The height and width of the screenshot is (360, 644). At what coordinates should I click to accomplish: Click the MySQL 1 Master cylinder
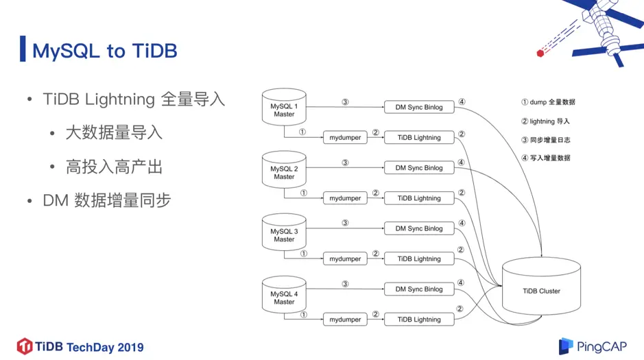click(x=284, y=107)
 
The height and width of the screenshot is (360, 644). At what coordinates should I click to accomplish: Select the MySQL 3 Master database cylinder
click(x=284, y=232)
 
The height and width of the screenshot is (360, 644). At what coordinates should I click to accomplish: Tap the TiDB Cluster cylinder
click(x=541, y=286)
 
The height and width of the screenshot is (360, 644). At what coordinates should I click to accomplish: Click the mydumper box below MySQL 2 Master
click(x=345, y=198)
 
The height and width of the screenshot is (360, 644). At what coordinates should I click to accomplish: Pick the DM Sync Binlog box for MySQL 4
click(x=419, y=289)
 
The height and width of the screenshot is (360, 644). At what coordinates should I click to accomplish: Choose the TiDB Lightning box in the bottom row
click(x=419, y=320)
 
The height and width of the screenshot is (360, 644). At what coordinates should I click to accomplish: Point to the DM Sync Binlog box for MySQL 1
click(x=419, y=107)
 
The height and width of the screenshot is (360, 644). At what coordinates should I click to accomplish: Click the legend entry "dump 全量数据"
click(x=548, y=102)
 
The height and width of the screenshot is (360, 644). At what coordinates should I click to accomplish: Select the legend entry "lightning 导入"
click(x=545, y=121)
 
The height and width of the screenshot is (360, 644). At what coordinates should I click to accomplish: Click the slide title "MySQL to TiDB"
click(x=105, y=51)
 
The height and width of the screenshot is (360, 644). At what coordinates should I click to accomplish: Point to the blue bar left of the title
click(x=23, y=49)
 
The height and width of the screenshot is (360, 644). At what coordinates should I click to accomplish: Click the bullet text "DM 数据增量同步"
click(x=107, y=201)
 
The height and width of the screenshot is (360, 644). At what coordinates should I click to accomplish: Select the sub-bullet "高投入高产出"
click(x=114, y=167)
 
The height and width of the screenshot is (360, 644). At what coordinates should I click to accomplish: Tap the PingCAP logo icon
click(x=565, y=346)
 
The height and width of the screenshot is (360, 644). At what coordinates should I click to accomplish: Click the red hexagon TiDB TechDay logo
click(x=25, y=346)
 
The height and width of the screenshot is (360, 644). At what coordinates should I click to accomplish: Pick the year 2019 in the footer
click(x=130, y=348)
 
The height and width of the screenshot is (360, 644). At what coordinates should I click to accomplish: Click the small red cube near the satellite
click(x=540, y=53)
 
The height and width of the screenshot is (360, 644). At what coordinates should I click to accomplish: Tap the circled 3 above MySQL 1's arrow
click(x=345, y=101)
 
